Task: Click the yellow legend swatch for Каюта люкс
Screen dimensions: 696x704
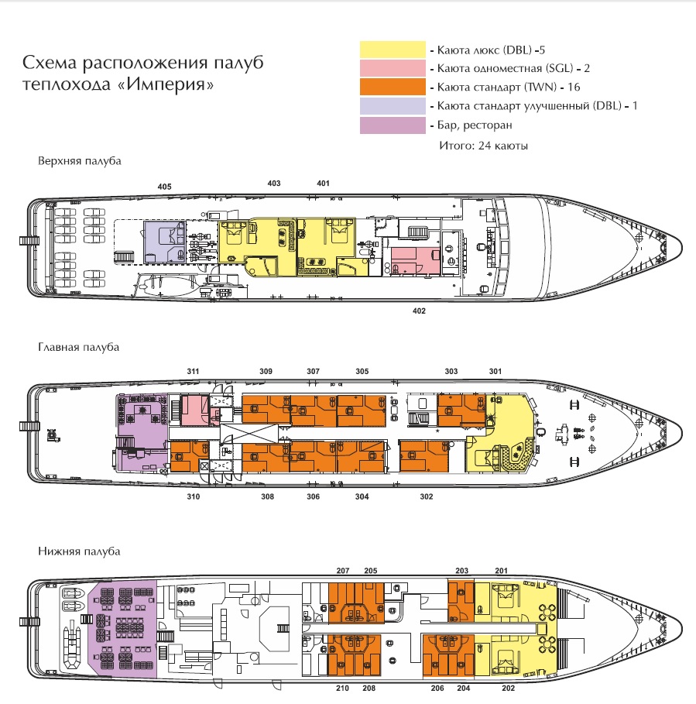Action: point(393,50)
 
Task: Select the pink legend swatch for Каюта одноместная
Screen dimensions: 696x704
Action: point(393,68)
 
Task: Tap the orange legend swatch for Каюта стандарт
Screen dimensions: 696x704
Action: point(393,87)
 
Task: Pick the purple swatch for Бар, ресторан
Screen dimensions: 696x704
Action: point(393,125)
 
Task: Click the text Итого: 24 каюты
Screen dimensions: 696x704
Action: point(483,146)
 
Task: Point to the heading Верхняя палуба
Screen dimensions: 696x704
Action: point(80,161)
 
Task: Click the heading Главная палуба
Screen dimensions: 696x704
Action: point(78,348)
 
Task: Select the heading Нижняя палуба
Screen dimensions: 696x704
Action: point(79,551)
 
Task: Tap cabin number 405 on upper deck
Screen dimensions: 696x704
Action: point(164,187)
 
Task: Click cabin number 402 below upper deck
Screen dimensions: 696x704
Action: point(419,311)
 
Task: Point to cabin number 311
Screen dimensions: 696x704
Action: point(193,371)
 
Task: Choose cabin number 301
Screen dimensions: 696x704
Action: point(495,371)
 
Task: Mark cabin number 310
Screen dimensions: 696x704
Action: point(193,496)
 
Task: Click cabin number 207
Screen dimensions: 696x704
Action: point(343,571)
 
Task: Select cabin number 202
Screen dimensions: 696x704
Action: point(508,689)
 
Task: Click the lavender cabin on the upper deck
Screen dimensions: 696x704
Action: point(165,242)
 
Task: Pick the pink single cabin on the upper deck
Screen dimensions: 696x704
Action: point(415,260)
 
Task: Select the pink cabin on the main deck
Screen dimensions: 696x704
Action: point(195,410)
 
